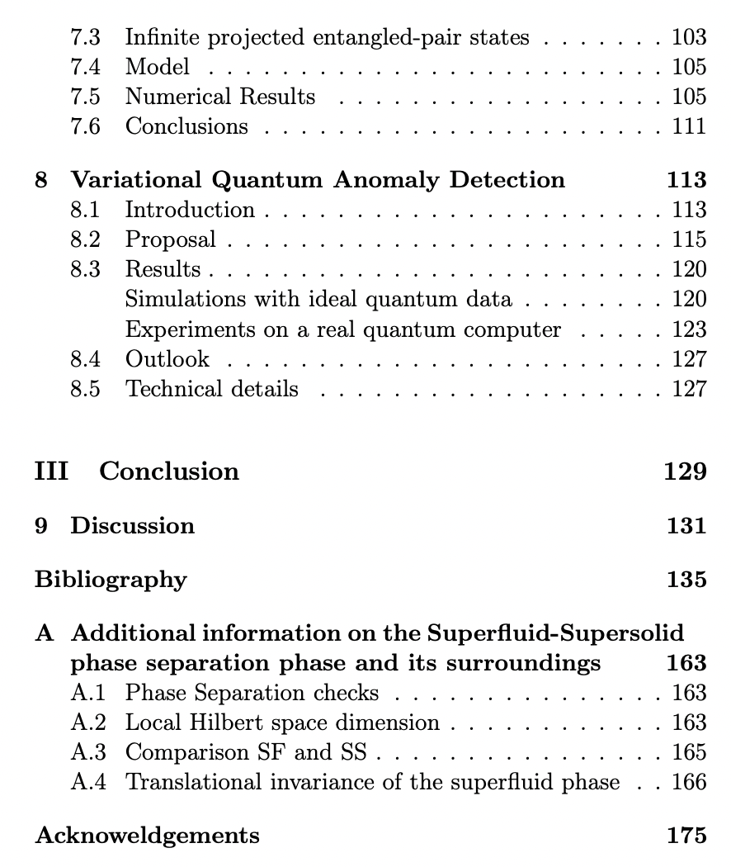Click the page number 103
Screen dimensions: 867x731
[x=689, y=36]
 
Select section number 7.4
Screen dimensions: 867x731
[x=85, y=67]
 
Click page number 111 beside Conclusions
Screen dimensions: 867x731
[x=689, y=126]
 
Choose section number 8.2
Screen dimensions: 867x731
[x=85, y=239]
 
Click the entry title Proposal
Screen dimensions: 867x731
[x=170, y=240]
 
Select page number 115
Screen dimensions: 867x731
[x=689, y=239]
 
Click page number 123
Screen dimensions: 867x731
[x=689, y=329]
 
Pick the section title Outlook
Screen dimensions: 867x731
[x=167, y=359]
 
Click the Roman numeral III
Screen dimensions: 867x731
[x=51, y=471]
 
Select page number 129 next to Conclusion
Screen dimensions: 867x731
[x=686, y=471]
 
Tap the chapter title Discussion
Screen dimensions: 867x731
[x=132, y=526]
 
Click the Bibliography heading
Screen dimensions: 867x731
[x=111, y=580]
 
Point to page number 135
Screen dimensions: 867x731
[x=686, y=580]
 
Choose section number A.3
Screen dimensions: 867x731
[x=88, y=752]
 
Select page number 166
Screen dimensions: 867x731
[x=689, y=782]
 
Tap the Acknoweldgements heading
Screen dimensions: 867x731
[x=147, y=836]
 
